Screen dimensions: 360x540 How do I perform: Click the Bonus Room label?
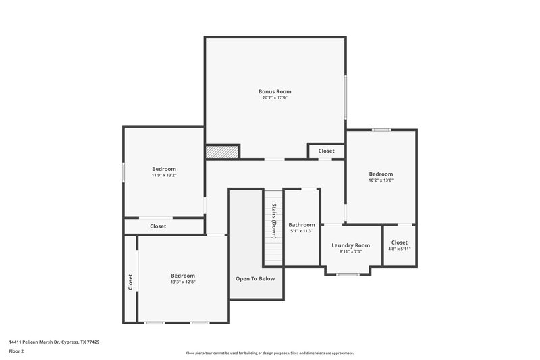pyautogui.click(x=275, y=91)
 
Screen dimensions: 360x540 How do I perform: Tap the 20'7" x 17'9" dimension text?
pyautogui.click(x=275, y=98)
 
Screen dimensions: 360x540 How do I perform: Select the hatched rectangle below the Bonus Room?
pyautogui.click(x=223, y=152)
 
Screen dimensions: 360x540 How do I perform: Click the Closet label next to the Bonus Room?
pyautogui.click(x=326, y=151)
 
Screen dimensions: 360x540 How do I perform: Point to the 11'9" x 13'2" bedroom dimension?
pyautogui.click(x=164, y=176)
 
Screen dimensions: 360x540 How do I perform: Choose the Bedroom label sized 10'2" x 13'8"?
pyautogui.click(x=381, y=174)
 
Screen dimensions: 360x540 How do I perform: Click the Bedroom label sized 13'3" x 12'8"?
pyautogui.click(x=182, y=275)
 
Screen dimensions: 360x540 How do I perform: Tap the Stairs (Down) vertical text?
pyautogui.click(x=274, y=221)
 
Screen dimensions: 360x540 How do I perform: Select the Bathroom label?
pyautogui.click(x=301, y=224)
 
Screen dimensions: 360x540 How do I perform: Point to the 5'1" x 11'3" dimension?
pyautogui.click(x=301, y=231)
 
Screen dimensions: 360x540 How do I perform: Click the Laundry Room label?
pyautogui.click(x=350, y=245)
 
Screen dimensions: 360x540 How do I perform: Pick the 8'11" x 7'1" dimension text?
pyautogui.click(x=350, y=251)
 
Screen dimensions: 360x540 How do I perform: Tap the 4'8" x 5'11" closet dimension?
pyautogui.click(x=399, y=249)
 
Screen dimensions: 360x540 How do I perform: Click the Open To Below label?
pyautogui.click(x=254, y=278)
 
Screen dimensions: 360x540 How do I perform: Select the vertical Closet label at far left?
pyautogui.click(x=130, y=282)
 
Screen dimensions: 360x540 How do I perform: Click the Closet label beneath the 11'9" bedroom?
pyautogui.click(x=158, y=226)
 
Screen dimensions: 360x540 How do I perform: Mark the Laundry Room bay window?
pyautogui.click(x=348, y=274)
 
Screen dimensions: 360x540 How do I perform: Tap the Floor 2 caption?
pyautogui.click(x=16, y=351)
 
